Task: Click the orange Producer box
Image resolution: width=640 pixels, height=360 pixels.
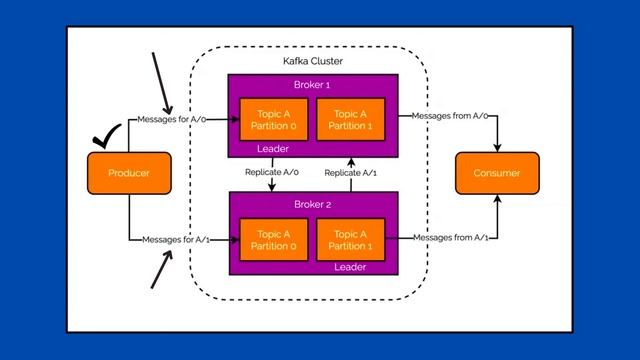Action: (127, 173)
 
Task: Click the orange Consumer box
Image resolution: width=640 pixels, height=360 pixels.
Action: (496, 173)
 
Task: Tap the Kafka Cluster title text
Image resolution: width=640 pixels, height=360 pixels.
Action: (312, 62)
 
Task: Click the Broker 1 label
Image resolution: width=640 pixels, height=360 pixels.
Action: (312, 86)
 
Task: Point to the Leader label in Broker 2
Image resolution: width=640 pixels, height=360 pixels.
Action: (350, 267)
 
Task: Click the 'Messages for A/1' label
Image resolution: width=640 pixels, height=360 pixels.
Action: (175, 239)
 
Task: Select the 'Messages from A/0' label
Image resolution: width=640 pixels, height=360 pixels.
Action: (449, 116)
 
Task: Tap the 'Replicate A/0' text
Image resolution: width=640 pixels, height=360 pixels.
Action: (272, 173)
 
